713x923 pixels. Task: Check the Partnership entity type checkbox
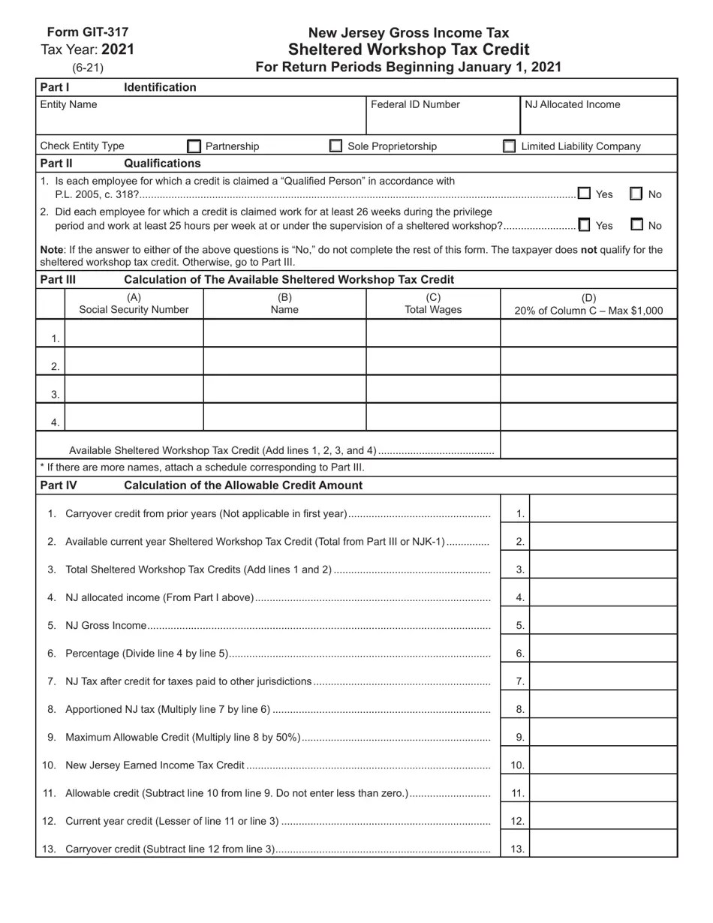[x=194, y=146]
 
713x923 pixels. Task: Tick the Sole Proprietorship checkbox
[x=336, y=146]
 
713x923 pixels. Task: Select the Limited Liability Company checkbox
[x=509, y=146]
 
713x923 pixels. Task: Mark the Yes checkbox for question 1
[x=584, y=194]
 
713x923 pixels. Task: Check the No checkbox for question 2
[x=636, y=224]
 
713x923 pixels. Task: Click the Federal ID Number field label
[x=415, y=104]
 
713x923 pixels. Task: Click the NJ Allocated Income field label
[x=572, y=104]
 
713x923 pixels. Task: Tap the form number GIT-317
[x=88, y=32]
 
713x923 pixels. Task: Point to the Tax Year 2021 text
[x=88, y=50]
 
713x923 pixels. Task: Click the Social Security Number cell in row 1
[x=134, y=333]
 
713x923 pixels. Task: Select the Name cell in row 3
[x=284, y=389]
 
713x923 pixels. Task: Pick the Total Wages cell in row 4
[x=433, y=416]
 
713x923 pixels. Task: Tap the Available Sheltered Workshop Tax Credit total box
[x=588, y=445]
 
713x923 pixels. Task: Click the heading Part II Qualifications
[x=120, y=163]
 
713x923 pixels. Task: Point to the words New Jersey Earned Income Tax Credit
[x=155, y=765]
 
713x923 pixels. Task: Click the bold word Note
[x=51, y=249]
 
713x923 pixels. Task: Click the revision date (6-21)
[x=88, y=68]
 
